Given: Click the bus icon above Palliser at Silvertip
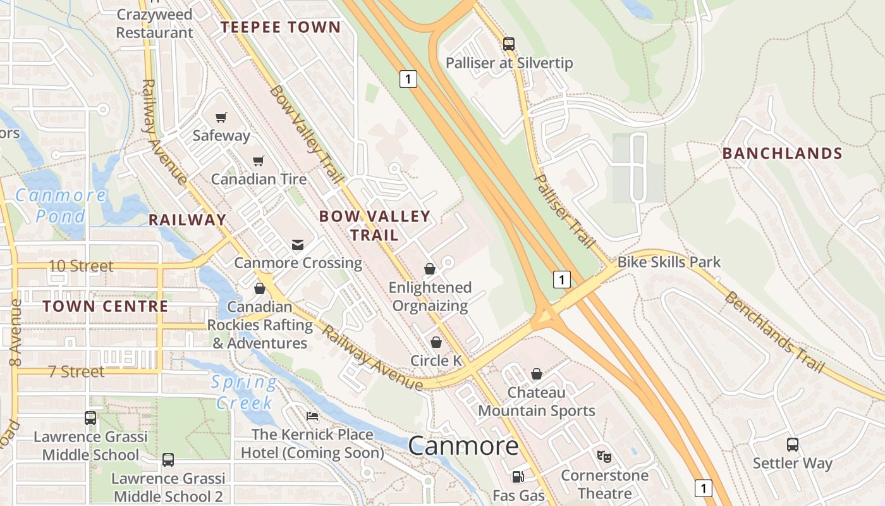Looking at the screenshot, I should pyautogui.click(x=509, y=44).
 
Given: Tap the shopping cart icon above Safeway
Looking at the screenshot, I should pyautogui.click(x=221, y=117).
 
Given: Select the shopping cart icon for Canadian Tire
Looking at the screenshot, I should pyautogui.click(x=258, y=161).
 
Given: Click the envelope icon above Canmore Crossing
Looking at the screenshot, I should pyautogui.click(x=298, y=244).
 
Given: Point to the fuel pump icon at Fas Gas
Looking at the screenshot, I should pyautogui.click(x=518, y=477).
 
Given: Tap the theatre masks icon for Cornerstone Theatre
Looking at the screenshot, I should pyautogui.click(x=604, y=456).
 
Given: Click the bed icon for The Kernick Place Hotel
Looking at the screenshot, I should pyautogui.click(x=312, y=416).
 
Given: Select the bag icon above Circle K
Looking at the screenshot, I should pyautogui.click(x=436, y=342).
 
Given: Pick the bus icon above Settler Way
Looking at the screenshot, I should pyautogui.click(x=793, y=445).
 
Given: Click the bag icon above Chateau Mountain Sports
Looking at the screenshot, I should pyautogui.click(x=537, y=374).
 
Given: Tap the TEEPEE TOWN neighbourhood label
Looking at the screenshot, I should pyautogui.click(x=280, y=27).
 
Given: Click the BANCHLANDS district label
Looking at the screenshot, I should pyautogui.click(x=782, y=153).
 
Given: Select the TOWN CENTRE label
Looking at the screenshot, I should pyautogui.click(x=105, y=307).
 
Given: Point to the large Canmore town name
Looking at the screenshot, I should pyautogui.click(x=463, y=446).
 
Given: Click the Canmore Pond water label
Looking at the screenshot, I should pyautogui.click(x=60, y=206).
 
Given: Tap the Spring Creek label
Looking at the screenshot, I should pyautogui.click(x=243, y=392).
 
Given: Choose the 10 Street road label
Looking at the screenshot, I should pyautogui.click(x=81, y=266).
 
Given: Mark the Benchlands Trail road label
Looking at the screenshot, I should pyautogui.click(x=774, y=331).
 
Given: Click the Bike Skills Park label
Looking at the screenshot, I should pyautogui.click(x=669, y=262).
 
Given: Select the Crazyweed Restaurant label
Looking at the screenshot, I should pyautogui.click(x=155, y=23).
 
